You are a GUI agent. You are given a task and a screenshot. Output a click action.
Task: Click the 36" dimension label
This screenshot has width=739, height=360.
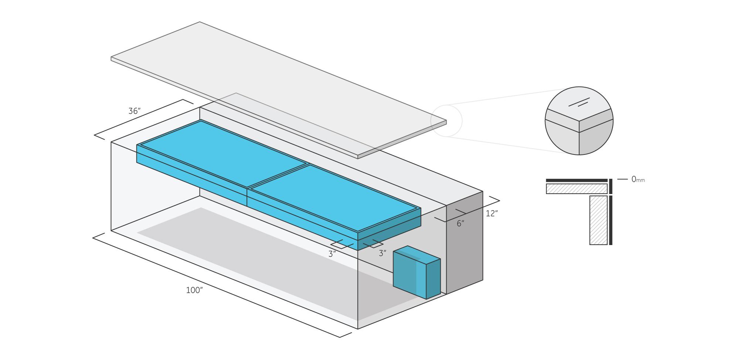click(x=134, y=111)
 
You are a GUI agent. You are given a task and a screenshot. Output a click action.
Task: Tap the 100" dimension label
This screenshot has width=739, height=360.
click(x=194, y=290)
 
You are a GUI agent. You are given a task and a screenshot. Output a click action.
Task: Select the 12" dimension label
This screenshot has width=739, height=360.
click(x=491, y=213)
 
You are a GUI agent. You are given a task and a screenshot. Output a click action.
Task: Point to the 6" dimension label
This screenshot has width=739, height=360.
click(x=460, y=223)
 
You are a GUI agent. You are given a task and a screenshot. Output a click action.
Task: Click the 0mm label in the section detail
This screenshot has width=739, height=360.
click(x=638, y=179)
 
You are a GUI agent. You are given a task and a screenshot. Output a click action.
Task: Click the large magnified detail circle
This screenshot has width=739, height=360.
click(x=579, y=121)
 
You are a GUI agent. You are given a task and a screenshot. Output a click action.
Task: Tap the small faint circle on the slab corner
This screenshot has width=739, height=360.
click(x=446, y=121)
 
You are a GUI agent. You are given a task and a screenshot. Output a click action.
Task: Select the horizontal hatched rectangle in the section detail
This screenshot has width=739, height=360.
click(x=576, y=189)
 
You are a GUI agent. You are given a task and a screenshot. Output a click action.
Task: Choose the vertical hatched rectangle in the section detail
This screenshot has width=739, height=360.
click(x=598, y=220)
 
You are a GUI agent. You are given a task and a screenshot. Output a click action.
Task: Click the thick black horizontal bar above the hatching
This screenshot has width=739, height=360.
click(x=576, y=180)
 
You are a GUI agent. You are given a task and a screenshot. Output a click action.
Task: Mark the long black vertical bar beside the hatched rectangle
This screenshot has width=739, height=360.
click(x=611, y=220)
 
